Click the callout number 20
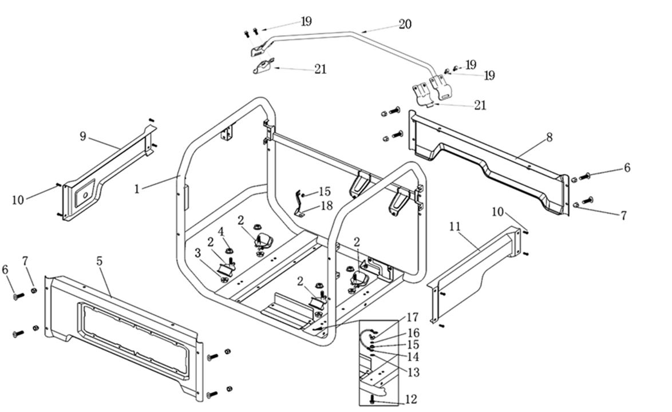(405, 25)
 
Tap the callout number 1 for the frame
(137, 188)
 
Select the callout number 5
(100, 262)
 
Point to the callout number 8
(550, 137)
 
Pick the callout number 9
(83, 136)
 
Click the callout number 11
(454, 227)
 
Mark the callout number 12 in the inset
(410, 399)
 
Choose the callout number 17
(413, 318)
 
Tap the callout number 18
(326, 205)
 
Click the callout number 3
(197, 252)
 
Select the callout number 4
(221, 232)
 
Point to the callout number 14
(413, 357)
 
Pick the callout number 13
(413, 373)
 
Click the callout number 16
(413, 333)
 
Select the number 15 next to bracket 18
(325, 192)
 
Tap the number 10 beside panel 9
(18, 200)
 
